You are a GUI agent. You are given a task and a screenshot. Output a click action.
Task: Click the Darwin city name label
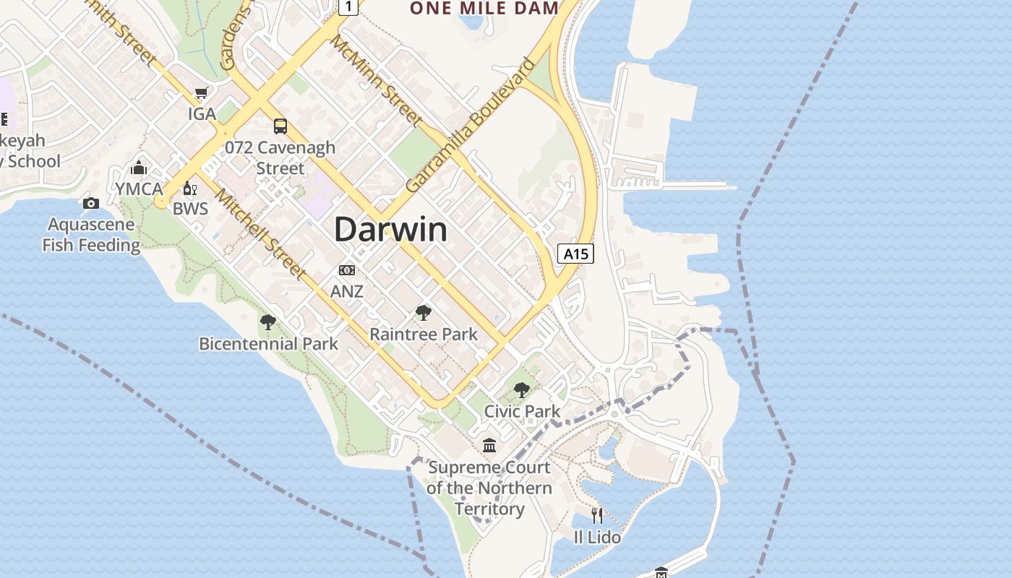(x=390, y=230)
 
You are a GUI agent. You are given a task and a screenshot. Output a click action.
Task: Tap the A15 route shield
(x=576, y=254)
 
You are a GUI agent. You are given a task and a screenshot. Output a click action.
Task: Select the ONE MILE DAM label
(x=484, y=9)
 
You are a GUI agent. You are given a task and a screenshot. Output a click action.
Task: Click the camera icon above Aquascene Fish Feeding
(x=91, y=203)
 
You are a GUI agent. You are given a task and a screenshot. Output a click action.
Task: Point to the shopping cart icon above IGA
(x=202, y=93)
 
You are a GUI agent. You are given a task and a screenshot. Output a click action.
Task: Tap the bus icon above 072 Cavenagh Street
(x=280, y=126)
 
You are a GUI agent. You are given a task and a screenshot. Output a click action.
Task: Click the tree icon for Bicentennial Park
(x=268, y=322)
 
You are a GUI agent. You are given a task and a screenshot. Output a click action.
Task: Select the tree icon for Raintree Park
(x=424, y=313)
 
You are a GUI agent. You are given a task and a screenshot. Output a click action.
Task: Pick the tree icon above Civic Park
(x=521, y=390)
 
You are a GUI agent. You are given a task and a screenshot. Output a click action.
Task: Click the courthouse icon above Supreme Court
(x=489, y=445)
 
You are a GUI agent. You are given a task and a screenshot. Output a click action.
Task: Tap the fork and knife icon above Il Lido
(x=597, y=515)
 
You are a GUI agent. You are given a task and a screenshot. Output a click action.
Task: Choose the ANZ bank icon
(x=347, y=270)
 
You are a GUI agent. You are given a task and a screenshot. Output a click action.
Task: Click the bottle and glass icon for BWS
(x=190, y=188)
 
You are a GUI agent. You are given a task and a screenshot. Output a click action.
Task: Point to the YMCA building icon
(x=139, y=168)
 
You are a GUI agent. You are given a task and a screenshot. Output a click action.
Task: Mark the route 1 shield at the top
(x=349, y=7)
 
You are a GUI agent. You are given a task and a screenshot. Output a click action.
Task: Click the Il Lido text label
(x=597, y=538)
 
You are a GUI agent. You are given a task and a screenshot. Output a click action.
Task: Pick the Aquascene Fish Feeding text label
(x=91, y=235)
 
